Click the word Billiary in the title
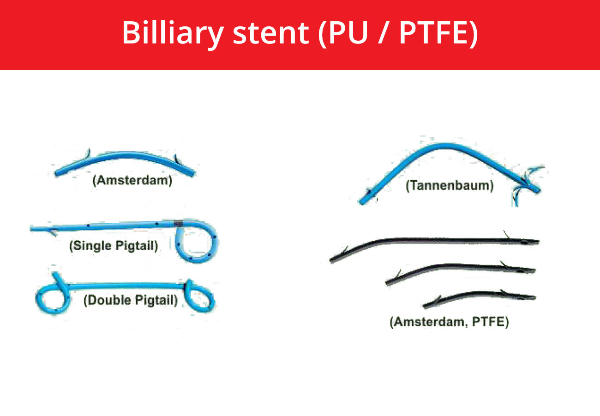tap(173, 34)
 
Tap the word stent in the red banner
tap(271, 34)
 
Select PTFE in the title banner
tap(436, 33)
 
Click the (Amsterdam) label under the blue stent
tap(132, 180)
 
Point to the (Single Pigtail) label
tap(114, 246)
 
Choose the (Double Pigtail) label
tap(131, 300)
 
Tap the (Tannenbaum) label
tap(450, 186)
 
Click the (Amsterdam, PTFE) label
tap(449, 322)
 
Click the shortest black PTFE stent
tap(480, 294)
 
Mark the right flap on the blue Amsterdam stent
tap(177, 159)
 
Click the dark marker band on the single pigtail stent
tap(178, 223)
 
